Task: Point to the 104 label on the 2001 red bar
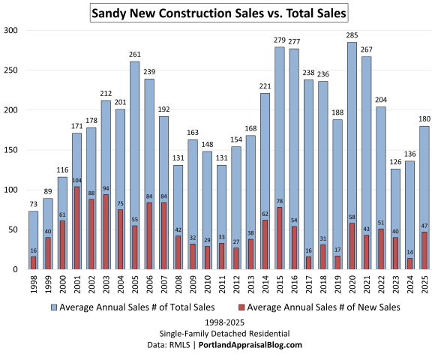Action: pos(77,181)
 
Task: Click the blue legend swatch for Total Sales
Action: pos(54,307)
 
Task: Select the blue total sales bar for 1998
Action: pos(34,225)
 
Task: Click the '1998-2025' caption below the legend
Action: pos(218,322)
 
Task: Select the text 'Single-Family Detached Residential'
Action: pos(218,333)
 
